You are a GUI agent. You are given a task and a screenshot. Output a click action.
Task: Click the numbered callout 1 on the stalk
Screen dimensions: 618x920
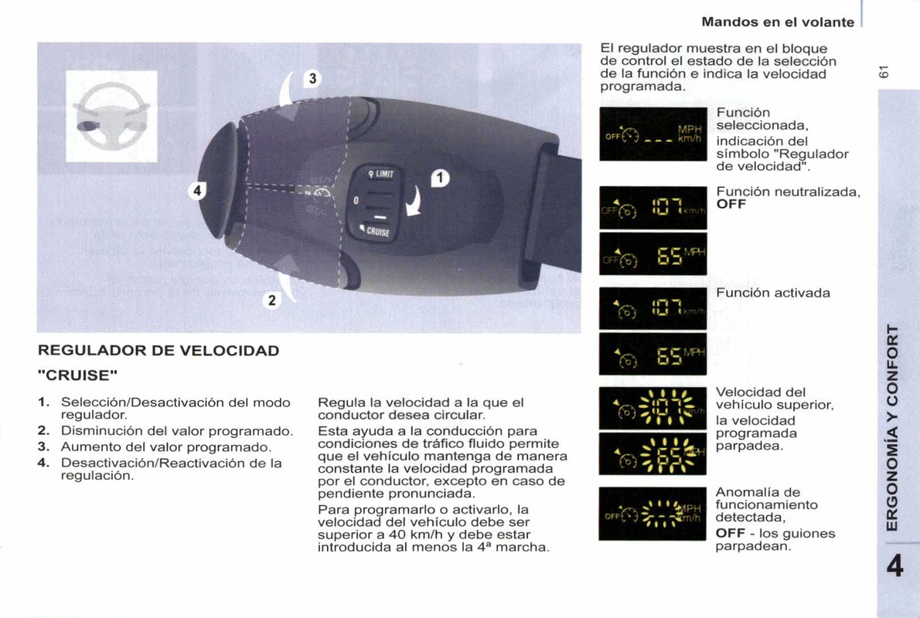(x=440, y=178)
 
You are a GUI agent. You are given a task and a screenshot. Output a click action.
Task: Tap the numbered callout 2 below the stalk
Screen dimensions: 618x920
(x=271, y=301)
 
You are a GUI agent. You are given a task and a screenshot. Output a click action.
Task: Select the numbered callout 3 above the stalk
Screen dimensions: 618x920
(x=312, y=79)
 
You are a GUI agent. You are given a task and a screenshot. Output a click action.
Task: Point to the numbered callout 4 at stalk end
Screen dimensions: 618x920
(x=198, y=191)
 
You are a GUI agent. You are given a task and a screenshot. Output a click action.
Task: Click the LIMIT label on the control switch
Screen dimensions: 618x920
(x=381, y=174)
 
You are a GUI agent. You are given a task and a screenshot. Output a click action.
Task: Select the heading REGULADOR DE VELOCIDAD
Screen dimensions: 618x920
(x=158, y=351)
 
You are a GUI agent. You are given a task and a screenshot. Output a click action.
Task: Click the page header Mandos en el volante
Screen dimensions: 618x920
(x=778, y=22)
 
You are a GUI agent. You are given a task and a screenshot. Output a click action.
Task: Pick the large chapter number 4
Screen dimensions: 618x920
(x=894, y=567)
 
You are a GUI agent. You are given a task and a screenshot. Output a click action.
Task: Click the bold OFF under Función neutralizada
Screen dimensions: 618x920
(x=731, y=205)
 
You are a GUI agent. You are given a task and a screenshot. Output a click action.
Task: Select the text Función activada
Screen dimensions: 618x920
(x=773, y=293)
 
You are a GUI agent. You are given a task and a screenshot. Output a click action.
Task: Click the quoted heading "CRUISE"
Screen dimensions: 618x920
(x=78, y=376)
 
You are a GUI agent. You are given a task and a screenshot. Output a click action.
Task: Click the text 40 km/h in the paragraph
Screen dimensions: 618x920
(x=406, y=535)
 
